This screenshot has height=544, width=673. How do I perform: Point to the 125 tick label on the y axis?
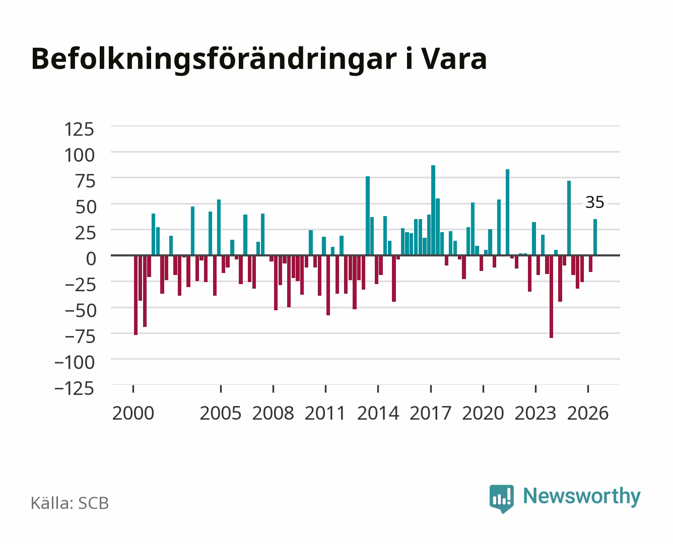(x=79, y=129)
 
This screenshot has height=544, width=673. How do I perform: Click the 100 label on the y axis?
(x=79, y=155)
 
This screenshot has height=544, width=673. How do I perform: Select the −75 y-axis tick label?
(x=80, y=336)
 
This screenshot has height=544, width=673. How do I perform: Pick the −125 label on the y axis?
(x=74, y=388)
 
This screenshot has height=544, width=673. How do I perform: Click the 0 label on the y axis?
(x=91, y=259)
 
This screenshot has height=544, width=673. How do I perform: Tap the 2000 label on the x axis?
(x=133, y=413)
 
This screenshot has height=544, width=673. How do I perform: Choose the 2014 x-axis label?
(x=378, y=413)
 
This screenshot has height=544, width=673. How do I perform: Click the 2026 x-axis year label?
(x=588, y=413)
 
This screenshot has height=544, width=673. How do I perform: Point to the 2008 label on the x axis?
(x=273, y=413)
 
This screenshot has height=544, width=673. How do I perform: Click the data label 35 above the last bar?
(x=594, y=202)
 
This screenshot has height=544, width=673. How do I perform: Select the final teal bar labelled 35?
(x=595, y=237)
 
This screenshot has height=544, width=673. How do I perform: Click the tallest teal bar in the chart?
(x=433, y=210)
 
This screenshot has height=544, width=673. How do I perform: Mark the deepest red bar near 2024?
(x=552, y=297)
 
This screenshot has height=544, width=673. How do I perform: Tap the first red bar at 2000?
(x=136, y=295)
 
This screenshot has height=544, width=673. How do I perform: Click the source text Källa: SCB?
(x=70, y=503)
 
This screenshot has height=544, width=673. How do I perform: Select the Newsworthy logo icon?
(x=501, y=499)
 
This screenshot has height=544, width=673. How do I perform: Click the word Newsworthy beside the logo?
(x=582, y=497)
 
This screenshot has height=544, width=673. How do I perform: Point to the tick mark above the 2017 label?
(x=431, y=389)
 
